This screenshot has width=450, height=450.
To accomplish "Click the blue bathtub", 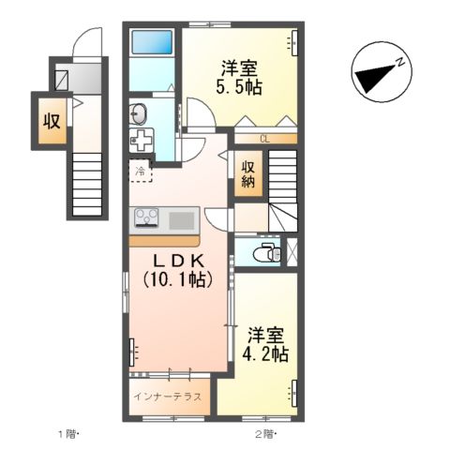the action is (x=152, y=42).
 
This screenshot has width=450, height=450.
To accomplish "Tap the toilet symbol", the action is (x=267, y=252).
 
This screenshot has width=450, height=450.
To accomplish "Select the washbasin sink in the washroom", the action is (x=138, y=114).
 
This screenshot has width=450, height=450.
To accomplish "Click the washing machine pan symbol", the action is (x=142, y=141).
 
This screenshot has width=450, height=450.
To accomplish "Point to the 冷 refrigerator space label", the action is (x=141, y=171).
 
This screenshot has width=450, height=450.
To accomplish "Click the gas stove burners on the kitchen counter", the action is (x=146, y=217).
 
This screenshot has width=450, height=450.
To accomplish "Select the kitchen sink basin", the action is (x=182, y=220).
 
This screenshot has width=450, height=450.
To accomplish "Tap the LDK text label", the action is (x=178, y=261).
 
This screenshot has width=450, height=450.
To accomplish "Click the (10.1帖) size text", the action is (x=178, y=279).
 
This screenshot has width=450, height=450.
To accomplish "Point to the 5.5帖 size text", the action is (x=239, y=87).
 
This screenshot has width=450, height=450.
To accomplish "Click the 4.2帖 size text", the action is (x=265, y=353).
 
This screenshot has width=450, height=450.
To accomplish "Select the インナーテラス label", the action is (x=167, y=397).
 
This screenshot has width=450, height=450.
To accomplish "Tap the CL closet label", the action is (x=264, y=139).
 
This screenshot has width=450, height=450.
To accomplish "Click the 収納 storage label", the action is (x=247, y=175).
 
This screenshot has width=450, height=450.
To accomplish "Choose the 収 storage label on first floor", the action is (x=52, y=121).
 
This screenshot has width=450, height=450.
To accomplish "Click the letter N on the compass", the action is (x=400, y=63).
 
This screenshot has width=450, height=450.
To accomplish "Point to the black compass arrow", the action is (x=374, y=77).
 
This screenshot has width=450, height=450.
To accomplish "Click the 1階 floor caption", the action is (x=68, y=434).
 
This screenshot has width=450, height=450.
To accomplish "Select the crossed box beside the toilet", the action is (x=292, y=252).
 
